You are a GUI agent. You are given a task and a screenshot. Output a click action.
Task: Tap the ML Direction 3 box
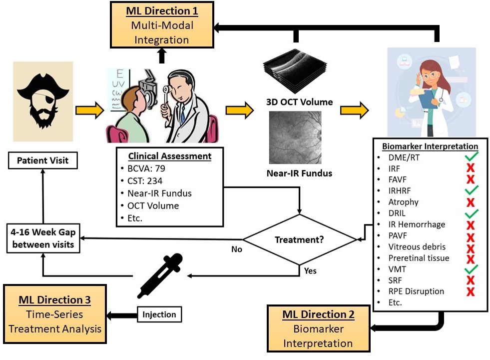(55, 313)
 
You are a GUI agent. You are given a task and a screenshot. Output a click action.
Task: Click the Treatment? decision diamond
(299, 240)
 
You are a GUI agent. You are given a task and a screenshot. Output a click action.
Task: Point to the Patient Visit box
(43, 160)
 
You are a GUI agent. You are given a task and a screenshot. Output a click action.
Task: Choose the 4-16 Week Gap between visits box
(42, 237)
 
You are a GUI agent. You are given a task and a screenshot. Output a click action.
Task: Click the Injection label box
(159, 314)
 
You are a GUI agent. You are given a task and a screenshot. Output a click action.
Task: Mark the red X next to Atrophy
(470, 202)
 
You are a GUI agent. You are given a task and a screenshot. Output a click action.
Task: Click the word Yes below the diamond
(310, 271)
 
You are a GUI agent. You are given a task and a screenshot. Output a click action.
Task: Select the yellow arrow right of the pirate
(88, 110)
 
